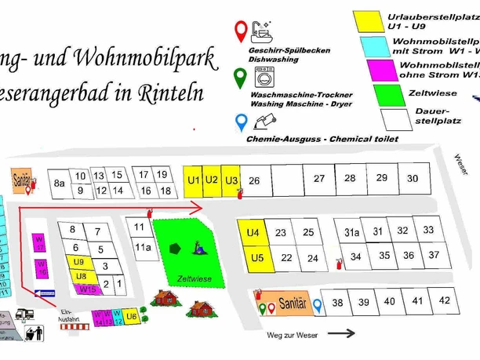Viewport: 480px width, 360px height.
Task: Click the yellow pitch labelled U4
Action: (252, 233)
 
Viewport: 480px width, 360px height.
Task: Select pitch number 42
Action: (444, 300)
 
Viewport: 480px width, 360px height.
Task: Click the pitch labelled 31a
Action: (351, 232)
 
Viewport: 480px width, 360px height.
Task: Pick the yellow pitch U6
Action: (131, 316)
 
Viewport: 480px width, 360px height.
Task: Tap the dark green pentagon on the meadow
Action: (173, 248)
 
